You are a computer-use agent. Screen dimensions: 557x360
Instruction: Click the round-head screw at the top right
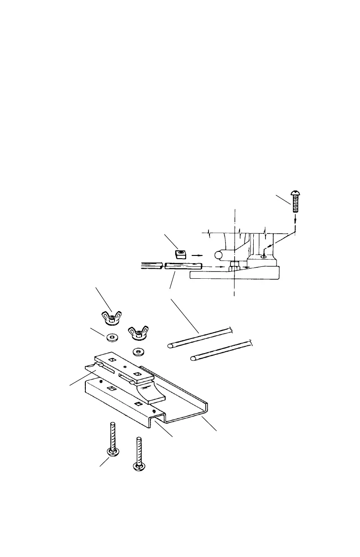tap(296, 202)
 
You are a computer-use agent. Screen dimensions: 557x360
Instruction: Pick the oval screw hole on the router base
tap(262, 257)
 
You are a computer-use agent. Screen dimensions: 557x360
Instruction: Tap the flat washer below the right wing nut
tap(136, 352)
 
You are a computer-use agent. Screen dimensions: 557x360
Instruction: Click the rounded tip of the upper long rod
tap(170, 346)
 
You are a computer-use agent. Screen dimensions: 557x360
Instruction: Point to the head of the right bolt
tap(138, 466)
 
